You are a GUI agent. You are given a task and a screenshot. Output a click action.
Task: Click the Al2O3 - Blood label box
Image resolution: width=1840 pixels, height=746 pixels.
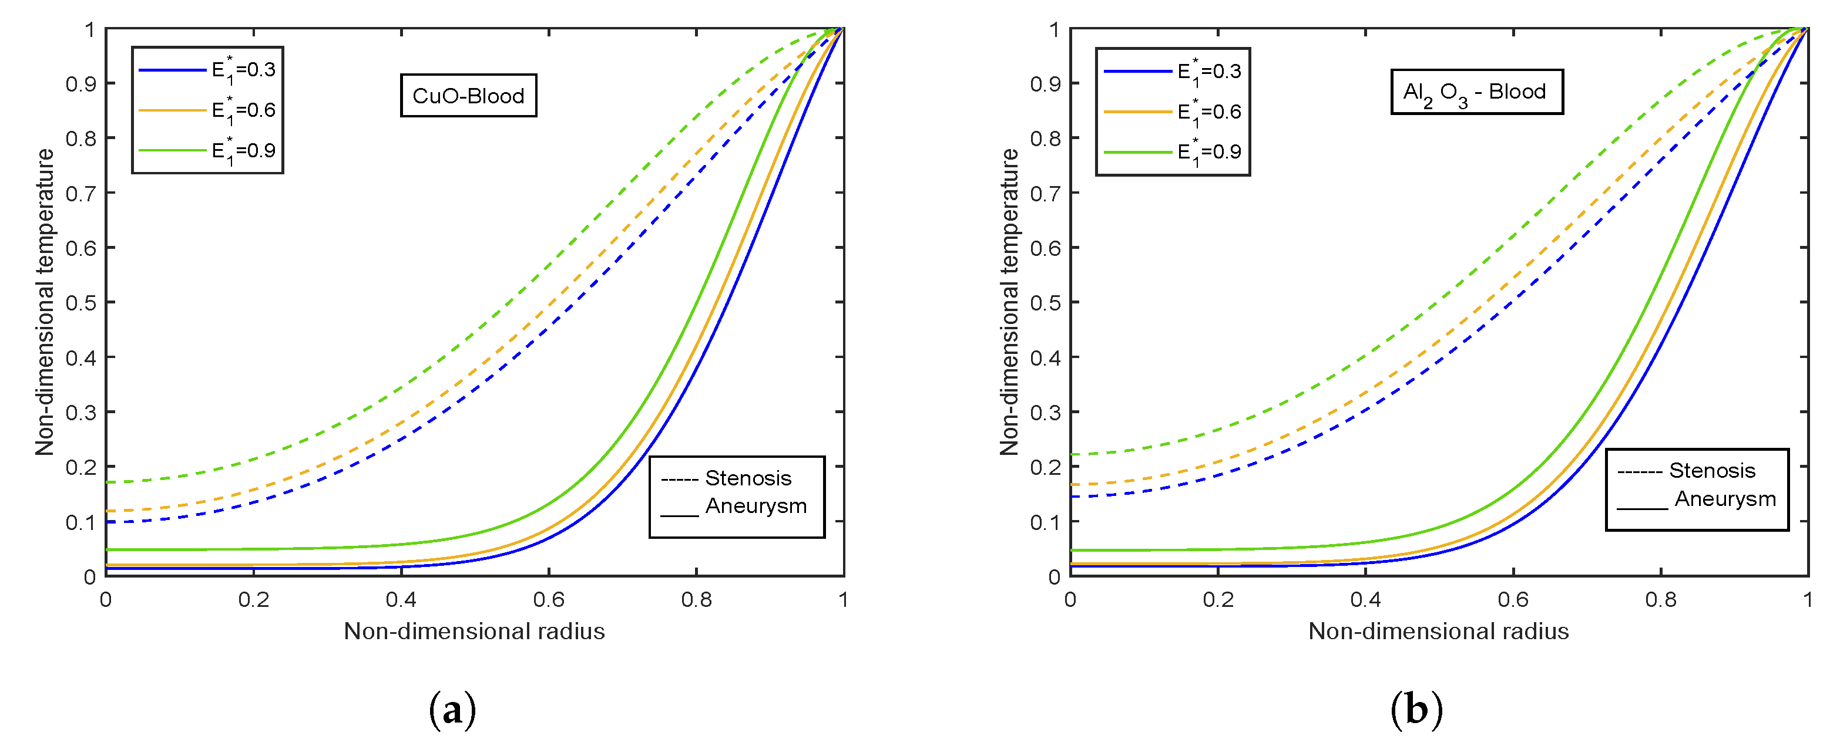1476,92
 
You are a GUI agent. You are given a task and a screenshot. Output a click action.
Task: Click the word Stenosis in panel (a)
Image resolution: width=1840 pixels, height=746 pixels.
748,478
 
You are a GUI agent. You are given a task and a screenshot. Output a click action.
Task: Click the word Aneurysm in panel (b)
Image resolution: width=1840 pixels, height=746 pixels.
1724,498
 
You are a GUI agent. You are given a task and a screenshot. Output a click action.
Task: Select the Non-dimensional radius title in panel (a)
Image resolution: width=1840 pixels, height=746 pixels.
474,631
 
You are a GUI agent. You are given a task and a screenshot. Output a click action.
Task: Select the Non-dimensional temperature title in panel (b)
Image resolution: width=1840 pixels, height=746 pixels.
1009,302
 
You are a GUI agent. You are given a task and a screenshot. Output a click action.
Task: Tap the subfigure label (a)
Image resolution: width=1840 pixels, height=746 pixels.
452,710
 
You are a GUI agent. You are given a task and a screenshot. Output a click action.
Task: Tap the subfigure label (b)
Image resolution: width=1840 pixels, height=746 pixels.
1416,710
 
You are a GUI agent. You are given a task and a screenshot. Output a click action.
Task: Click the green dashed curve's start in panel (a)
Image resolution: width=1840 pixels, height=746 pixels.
107,482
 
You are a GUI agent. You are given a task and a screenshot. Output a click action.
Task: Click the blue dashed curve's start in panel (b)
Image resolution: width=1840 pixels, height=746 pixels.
1072,496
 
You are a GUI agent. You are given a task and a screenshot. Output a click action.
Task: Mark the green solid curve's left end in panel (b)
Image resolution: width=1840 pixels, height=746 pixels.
1072,551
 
